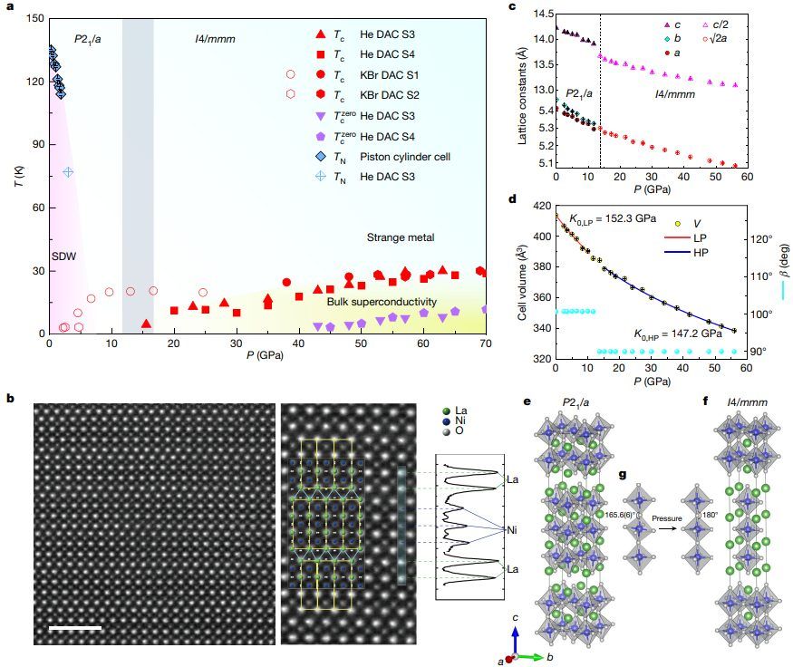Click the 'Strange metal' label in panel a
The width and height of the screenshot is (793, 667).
click(x=401, y=237)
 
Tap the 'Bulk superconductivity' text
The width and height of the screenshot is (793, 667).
click(x=382, y=302)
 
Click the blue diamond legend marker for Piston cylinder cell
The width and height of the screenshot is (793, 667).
click(x=291, y=157)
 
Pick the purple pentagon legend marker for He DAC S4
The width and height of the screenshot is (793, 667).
click(x=291, y=137)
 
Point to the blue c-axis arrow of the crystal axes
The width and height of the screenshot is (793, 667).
click(x=515, y=639)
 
